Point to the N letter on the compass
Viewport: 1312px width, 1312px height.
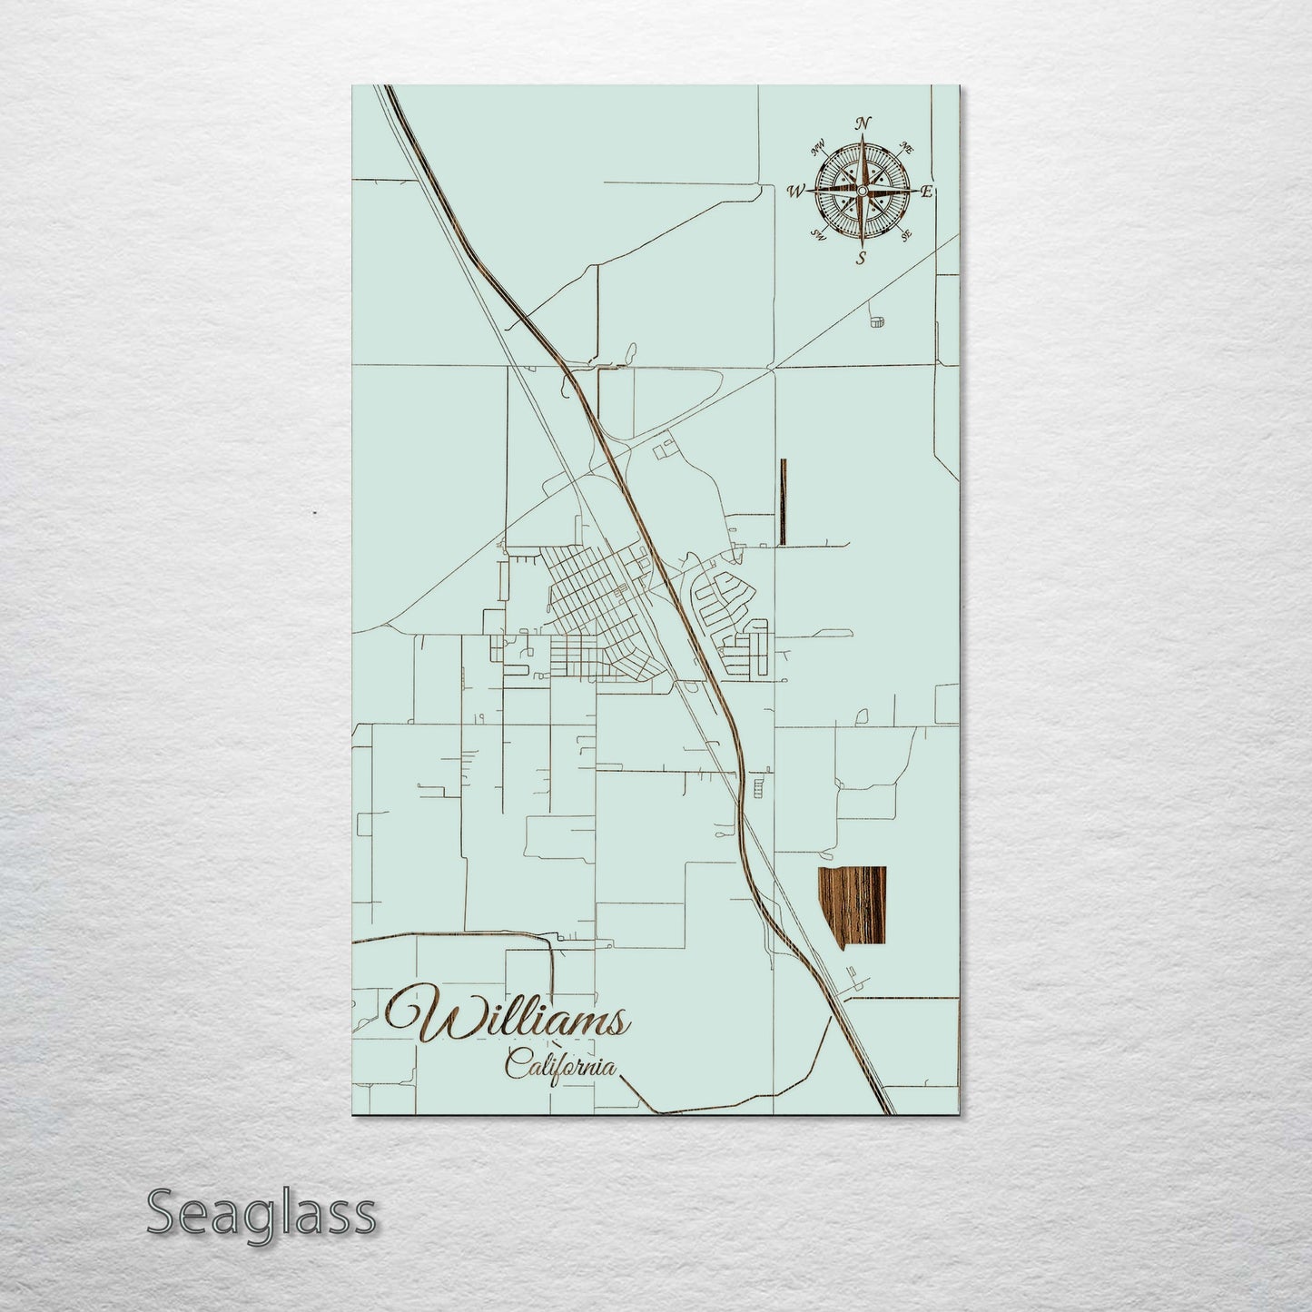(x=864, y=124)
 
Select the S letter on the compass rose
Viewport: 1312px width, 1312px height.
(x=861, y=257)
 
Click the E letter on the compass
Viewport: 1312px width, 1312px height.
(x=927, y=192)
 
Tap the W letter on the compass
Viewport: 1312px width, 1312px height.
(x=796, y=191)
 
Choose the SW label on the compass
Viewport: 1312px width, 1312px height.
(x=818, y=236)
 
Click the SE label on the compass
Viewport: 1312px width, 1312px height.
(x=905, y=235)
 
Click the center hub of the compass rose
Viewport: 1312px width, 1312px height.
(x=862, y=191)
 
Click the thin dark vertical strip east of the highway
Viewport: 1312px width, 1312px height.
(x=782, y=501)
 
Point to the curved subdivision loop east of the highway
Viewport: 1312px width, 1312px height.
(x=722, y=596)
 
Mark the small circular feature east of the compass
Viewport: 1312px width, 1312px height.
(x=877, y=321)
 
